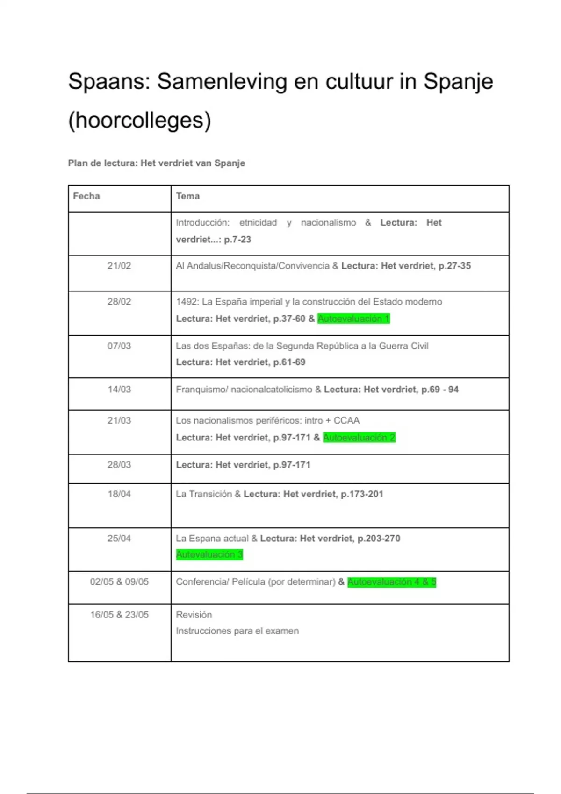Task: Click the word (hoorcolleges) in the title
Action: pyautogui.click(x=139, y=120)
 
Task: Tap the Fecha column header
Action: pyautogui.click(x=86, y=196)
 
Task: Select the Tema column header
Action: pyautogui.click(x=188, y=196)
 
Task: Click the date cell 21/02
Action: pyautogui.click(x=119, y=266)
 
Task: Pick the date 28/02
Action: pyautogui.click(x=119, y=302)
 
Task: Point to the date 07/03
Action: pyautogui.click(x=119, y=346)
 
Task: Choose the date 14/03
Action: pyautogui.click(x=119, y=390)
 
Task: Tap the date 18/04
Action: pyautogui.click(x=119, y=494)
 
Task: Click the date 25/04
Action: pyautogui.click(x=119, y=539)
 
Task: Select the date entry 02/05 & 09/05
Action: pyautogui.click(x=119, y=582)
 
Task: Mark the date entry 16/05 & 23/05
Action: pyautogui.click(x=119, y=615)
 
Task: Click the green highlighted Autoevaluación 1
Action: pyautogui.click(x=353, y=319)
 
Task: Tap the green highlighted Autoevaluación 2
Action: pyautogui.click(x=359, y=438)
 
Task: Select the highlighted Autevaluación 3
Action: pyautogui.click(x=209, y=555)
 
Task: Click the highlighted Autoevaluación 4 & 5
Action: pyautogui.click(x=392, y=582)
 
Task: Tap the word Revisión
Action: pyautogui.click(x=194, y=615)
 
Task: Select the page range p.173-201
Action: pyautogui.click(x=362, y=494)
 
